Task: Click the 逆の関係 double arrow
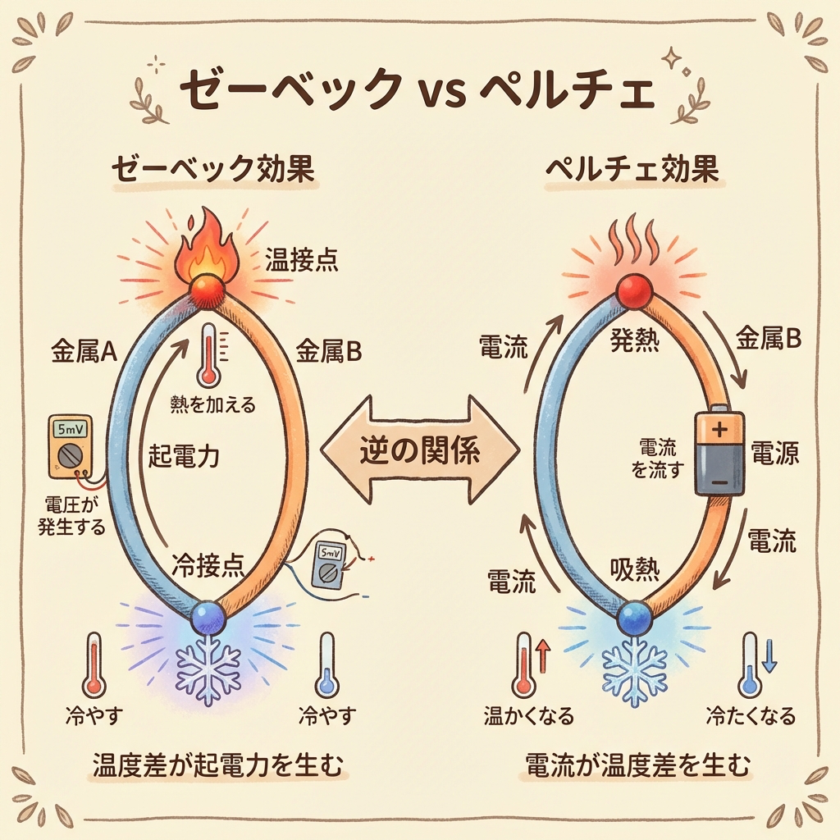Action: coord(419,450)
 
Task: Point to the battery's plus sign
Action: coord(719,429)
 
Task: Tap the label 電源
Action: coord(774,453)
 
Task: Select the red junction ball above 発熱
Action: coord(632,290)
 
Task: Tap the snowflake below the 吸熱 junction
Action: coord(632,669)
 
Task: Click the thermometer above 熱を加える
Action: coord(212,354)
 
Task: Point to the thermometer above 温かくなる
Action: coord(524,665)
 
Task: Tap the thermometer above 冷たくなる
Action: coord(749,664)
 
